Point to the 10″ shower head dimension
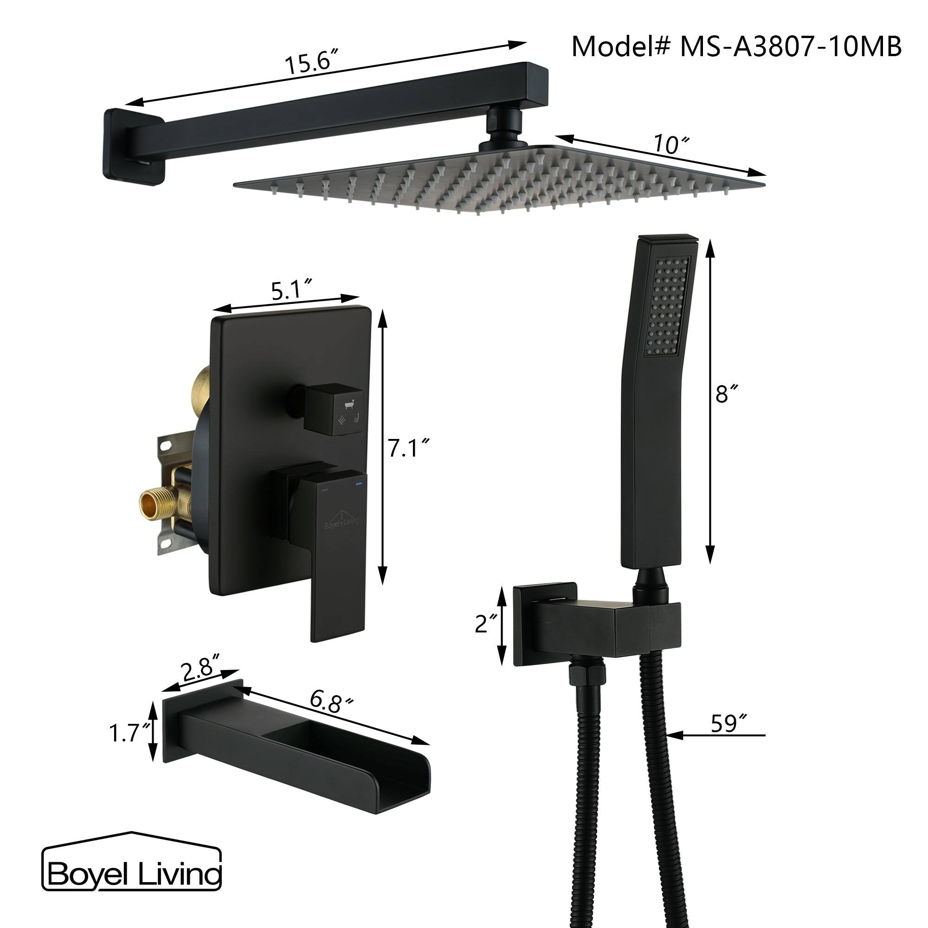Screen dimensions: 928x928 click(671, 144)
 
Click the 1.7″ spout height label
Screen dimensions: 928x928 click(126, 734)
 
